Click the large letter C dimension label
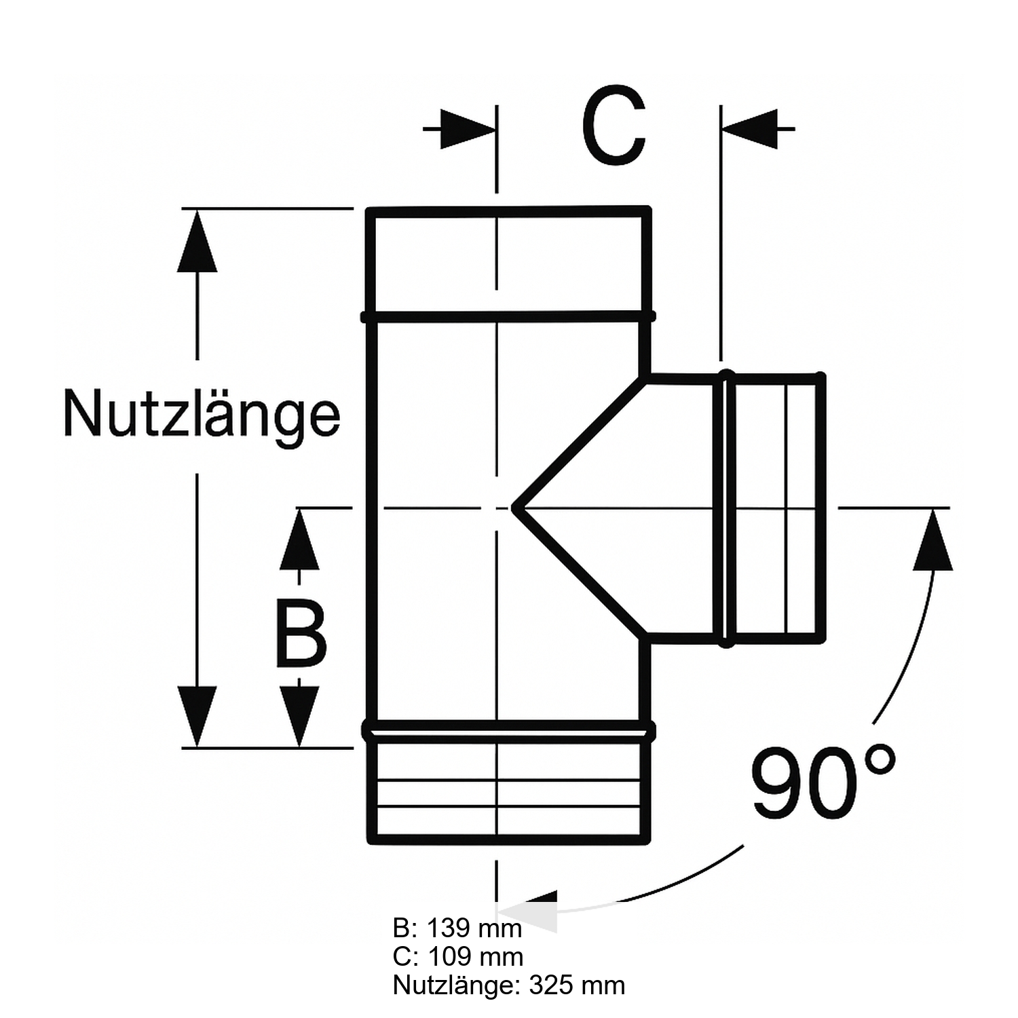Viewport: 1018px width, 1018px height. click(x=613, y=126)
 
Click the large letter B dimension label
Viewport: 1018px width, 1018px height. click(x=301, y=635)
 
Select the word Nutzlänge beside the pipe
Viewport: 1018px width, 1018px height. click(x=202, y=415)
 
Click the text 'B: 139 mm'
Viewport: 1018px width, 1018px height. click(x=457, y=928)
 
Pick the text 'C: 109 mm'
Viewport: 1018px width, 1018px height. click(x=458, y=956)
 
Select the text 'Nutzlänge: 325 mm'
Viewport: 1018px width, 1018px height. click(x=509, y=985)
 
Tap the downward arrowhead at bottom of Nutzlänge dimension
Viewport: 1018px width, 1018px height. click(x=197, y=716)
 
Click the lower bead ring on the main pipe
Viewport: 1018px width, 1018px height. click(x=508, y=731)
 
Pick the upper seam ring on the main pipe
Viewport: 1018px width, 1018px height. click(x=508, y=316)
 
